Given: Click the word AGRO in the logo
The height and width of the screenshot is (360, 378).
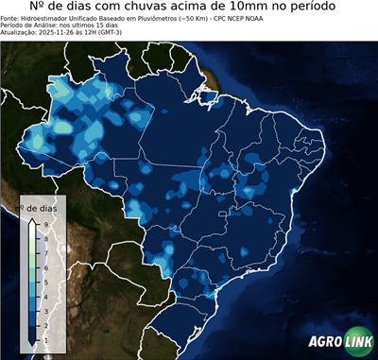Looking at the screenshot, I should coord(325,343).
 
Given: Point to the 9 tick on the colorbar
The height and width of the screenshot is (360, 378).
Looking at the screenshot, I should coord(45,223).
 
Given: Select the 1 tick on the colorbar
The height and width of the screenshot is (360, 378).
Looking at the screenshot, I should coord(45,338).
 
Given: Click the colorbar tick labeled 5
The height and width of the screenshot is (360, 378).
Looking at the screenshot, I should coord(45,281).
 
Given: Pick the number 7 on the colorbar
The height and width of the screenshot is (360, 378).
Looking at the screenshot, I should coord(45,252).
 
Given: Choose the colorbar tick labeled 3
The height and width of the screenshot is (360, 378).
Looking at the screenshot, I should coord(45,310).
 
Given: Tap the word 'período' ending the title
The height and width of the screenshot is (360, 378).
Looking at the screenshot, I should coord(308,8).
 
